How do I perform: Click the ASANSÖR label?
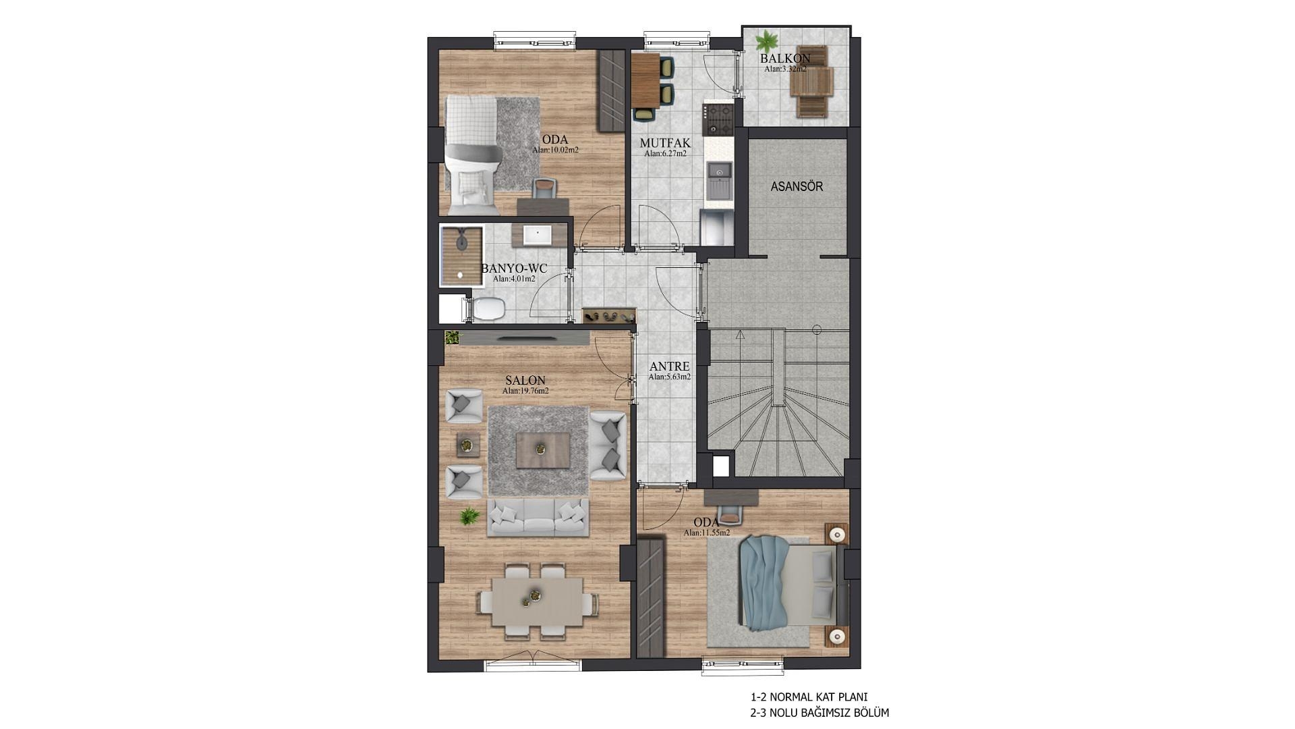point(797,186)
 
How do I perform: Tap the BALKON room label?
point(785,58)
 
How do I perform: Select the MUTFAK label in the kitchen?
point(665,143)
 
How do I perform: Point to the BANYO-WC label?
point(514,269)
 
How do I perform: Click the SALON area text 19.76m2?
point(525,391)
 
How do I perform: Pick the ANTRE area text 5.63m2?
point(669,377)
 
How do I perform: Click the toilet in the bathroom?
point(485,309)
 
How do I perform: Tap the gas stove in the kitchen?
point(717,119)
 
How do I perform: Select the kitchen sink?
point(719,173)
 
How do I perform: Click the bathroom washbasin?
point(538,235)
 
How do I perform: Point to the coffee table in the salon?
point(543,450)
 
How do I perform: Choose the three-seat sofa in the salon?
point(538,518)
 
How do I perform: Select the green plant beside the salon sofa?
point(469,517)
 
